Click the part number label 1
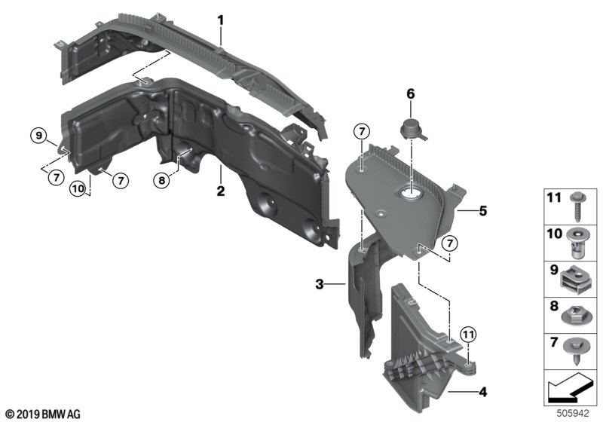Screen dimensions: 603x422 click(x=220, y=20)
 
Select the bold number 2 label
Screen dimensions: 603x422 click(x=220, y=191)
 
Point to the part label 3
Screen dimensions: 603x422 click(x=320, y=284)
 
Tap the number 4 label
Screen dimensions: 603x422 click(x=483, y=392)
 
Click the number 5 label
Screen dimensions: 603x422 click(x=483, y=210)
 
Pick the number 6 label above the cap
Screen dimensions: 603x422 click(x=411, y=93)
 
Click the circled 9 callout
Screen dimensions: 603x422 click(x=38, y=136)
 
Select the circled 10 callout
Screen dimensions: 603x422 click(x=78, y=188)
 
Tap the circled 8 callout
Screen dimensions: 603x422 click(x=161, y=180)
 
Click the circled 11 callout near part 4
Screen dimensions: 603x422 click(x=468, y=335)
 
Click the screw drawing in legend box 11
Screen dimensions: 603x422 click(x=579, y=206)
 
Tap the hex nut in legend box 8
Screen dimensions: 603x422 click(x=576, y=316)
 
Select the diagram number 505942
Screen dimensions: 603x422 click(x=573, y=414)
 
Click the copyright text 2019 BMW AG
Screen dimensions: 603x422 click(x=44, y=414)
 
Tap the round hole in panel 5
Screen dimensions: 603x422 click(x=411, y=194)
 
